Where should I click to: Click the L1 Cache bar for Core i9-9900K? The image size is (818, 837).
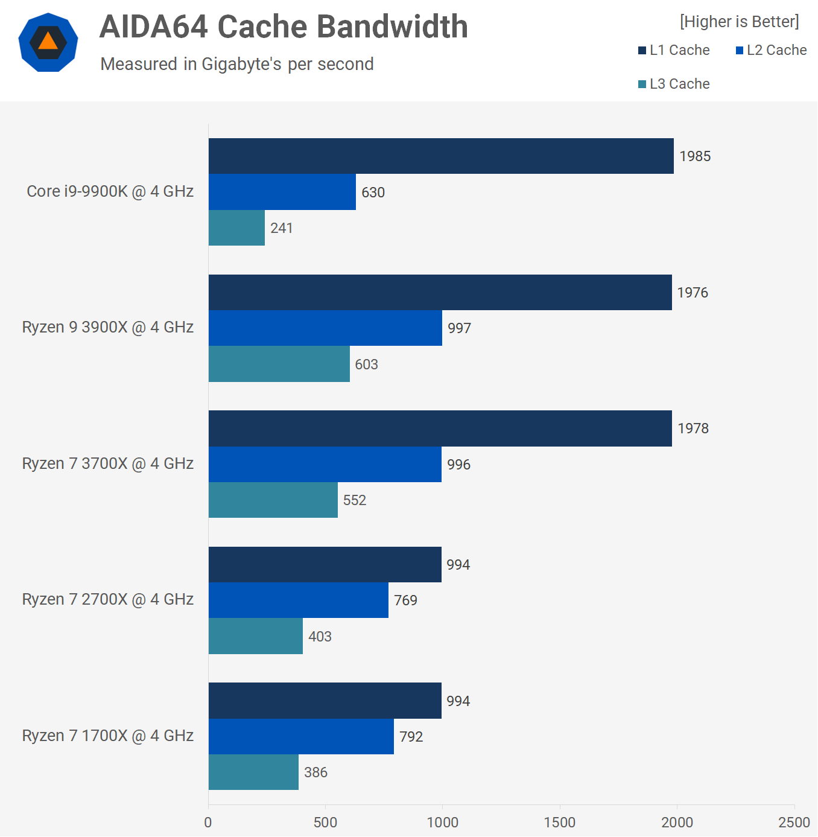(441, 156)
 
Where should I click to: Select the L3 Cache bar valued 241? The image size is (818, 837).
(236, 228)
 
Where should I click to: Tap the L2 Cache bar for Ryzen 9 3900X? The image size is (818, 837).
(325, 328)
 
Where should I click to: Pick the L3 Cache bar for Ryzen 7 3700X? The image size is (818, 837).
(273, 500)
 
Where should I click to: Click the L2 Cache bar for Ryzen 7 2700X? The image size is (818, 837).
(299, 600)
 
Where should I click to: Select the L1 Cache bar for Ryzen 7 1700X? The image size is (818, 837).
(325, 701)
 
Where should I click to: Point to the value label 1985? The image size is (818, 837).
(695, 156)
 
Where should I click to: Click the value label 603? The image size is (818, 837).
(366, 364)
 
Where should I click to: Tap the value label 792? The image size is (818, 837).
(411, 737)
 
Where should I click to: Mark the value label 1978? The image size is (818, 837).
(693, 428)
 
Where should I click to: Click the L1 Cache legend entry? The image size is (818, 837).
(674, 50)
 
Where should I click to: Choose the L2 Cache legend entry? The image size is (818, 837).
(771, 50)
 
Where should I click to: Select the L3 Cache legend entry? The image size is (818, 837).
(674, 84)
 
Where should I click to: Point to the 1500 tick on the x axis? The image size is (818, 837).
(559, 823)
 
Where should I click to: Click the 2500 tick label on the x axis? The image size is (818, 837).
(794, 823)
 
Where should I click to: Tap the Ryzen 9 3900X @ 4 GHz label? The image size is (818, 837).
(108, 327)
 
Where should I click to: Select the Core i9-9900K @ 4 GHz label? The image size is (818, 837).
(110, 191)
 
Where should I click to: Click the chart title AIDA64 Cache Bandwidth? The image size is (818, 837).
(284, 27)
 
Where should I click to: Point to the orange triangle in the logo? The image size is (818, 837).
(48, 42)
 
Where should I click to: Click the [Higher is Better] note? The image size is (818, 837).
(739, 22)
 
